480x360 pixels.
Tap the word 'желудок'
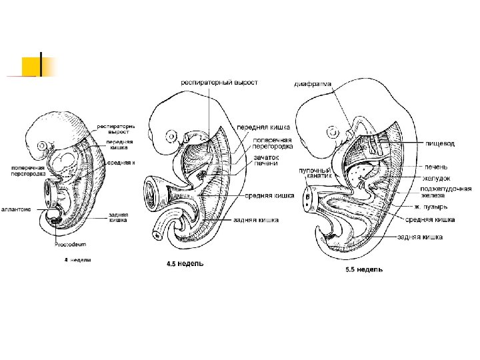click(437, 178)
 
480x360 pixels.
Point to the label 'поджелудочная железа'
click(442, 191)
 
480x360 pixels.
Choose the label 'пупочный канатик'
click(315, 173)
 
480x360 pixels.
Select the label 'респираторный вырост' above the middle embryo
click(219, 83)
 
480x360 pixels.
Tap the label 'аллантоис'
click(16, 209)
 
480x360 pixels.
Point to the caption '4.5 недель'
click(185, 264)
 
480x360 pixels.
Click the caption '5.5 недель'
click(363, 270)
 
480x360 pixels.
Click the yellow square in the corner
click(31, 66)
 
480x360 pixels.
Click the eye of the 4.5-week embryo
click(172, 137)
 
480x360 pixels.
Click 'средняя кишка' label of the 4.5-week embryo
click(269, 195)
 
